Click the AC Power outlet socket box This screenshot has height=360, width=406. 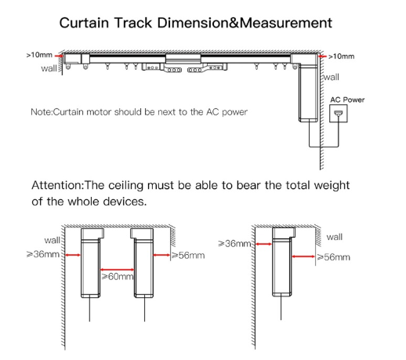pos(339,114)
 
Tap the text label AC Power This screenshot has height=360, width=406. pos(347,100)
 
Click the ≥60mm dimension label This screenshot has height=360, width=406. pos(118,276)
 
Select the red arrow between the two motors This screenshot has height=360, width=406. pos(118,269)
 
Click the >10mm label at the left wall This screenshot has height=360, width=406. pos(39,55)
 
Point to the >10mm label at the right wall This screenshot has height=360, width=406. pos(341,56)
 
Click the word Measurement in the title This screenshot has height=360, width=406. pos(286,23)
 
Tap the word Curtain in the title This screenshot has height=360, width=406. pos(84,23)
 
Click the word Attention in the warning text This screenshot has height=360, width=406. pos(56,185)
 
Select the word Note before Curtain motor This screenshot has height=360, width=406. pos(41,112)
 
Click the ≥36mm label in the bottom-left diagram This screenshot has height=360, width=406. pos(43,254)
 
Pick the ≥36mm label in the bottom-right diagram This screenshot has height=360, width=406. pos(234,244)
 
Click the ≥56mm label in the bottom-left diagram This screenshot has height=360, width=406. pos(188,255)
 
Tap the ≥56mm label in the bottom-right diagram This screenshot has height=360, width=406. pos(333,257)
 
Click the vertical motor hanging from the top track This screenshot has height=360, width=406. pos(308,93)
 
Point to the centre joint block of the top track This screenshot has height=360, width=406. pos(183,59)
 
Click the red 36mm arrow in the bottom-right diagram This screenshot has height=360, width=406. pos(263,244)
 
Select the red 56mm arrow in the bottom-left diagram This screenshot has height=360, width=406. pos(161,255)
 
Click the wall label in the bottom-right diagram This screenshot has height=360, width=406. pos(335,237)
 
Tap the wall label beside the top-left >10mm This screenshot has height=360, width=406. pos(49,68)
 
